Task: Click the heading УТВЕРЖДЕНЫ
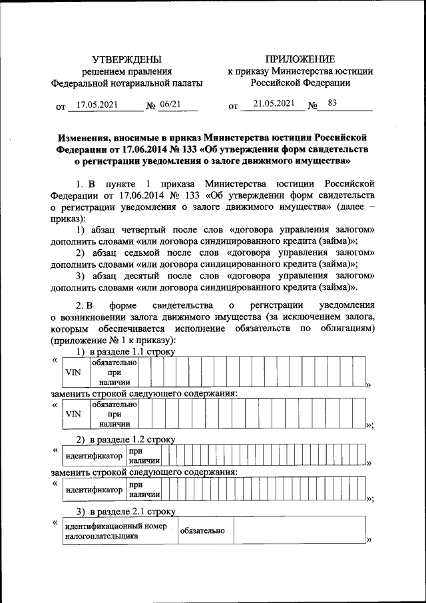[x=126, y=59]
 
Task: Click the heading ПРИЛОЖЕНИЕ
[x=300, y=59]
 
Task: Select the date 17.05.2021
[x=97, y=105]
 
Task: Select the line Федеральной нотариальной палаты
[x=126, y=83]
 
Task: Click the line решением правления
[x=126, y=71]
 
